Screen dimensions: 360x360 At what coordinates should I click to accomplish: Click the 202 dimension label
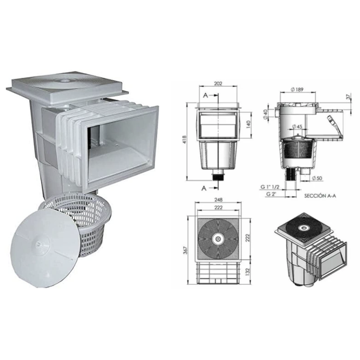click(218, 84)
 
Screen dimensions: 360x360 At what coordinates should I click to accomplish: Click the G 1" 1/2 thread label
click(270, 186)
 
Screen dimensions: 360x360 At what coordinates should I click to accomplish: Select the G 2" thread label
click(271, 193)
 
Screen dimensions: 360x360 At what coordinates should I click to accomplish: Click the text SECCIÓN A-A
click(320, 196)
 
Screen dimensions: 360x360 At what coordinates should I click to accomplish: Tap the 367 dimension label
click(185, 250)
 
